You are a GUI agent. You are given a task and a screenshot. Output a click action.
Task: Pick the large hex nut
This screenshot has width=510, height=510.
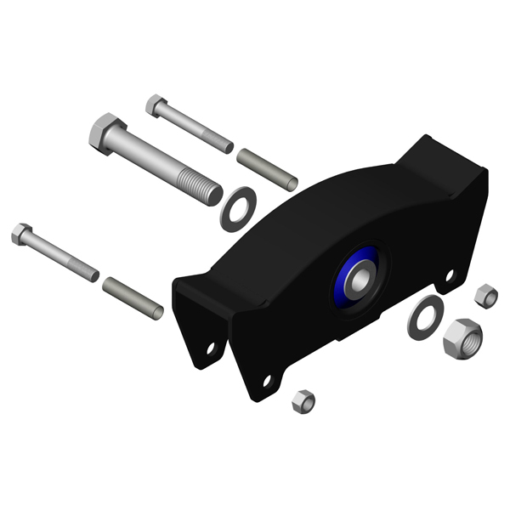[x=462, y=337]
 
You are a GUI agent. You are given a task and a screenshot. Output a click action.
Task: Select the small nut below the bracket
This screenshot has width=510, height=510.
[x=303, y=402]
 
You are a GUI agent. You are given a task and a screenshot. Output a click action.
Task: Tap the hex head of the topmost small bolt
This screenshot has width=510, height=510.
[x=155, y=105]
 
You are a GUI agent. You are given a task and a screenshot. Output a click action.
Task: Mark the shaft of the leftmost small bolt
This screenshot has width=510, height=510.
[x=65, y=258]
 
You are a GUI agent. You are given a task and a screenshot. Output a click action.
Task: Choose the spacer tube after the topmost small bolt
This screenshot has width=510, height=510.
[x=266, y=169]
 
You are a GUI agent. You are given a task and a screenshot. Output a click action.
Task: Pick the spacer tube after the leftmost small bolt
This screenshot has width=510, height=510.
[x=133, y=297]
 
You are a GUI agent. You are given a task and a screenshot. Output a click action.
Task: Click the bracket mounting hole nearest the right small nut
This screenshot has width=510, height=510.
[x=450, y=275]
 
